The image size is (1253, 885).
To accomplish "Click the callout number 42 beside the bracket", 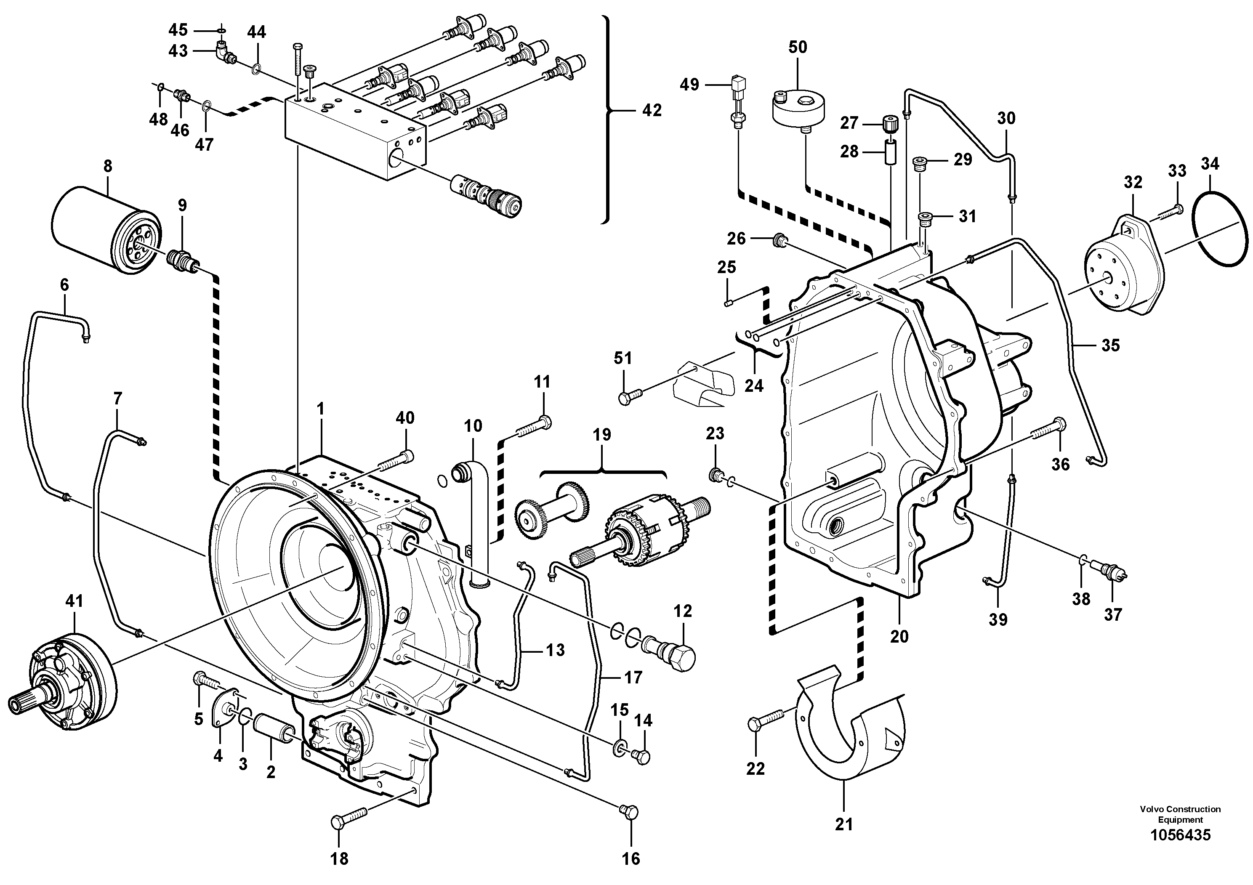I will [x=652, y=110].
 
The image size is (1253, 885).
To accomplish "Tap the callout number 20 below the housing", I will [x=899, y=636].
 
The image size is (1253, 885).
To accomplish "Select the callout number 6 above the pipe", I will [x=64, y=284].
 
